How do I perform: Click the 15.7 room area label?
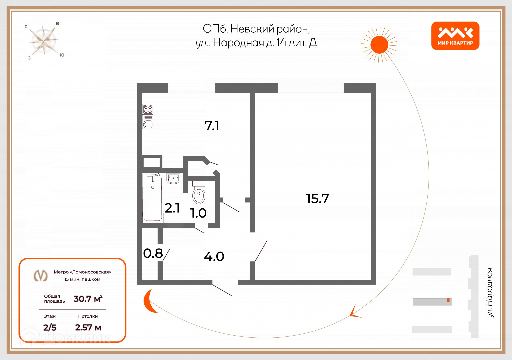pyautogui.click(x=317, y=199)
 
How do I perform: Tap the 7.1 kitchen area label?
pyautogui.click(x=212, y=126)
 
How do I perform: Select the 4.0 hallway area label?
pyautogui.click(x=214, y=256)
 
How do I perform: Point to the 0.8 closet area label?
pyautogui.click(x=153, y=253)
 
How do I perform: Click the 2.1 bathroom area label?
pyautogui.click(x=172, y=208)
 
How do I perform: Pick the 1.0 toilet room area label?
pyautogui.click(x=198, y=213)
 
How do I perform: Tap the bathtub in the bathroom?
pyautogui.click(x=153, y=198)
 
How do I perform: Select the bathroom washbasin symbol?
pyautogui.click(x=173, y=179)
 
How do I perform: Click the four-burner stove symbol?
pyautogui.click(x=148, y=109)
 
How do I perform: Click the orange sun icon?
pyautogui.click(x=379, y=45)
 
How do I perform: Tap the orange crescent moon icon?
pyautogui.click(x=150, y=301)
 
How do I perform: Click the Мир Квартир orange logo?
pyautogui.click(x=455, y=36)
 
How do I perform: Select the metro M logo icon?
pyautogui.click(x=41, y=275)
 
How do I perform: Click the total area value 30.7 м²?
pyautogui.click(x=88, y=299)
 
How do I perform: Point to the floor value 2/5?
pyautogui.click(x=50, y=327)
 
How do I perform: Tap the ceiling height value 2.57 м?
pyautogui.click(x=88, y=327)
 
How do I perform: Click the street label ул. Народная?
pyautogui.click(x=489, y=292)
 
